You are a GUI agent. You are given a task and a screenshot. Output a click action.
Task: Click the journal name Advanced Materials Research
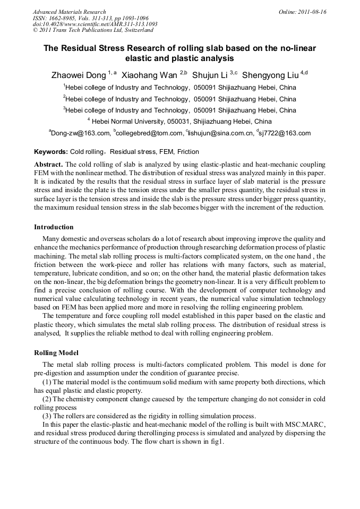(x=69, y=12)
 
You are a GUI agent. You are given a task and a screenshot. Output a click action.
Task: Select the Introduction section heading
(x=54, y=227)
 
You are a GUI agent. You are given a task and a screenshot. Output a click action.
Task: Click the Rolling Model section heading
(x=56, y=353)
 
